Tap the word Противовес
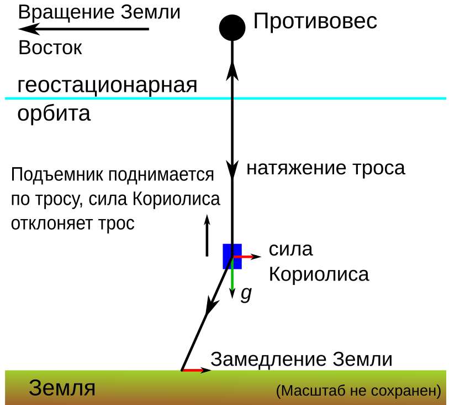[x=315, y=22]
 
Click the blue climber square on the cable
[x=232, y=256]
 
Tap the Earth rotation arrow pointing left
[x=83, y=29]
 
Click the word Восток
[x=50, y=48]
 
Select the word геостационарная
[x=108, y=86]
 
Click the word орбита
[x=54, y=114]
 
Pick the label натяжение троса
[x=326, y=168]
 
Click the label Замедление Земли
[x=302, y=359]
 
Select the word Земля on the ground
[x=62, y=388]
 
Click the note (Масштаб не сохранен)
[x=359, y=391]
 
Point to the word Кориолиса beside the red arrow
[x=319, y=274]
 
